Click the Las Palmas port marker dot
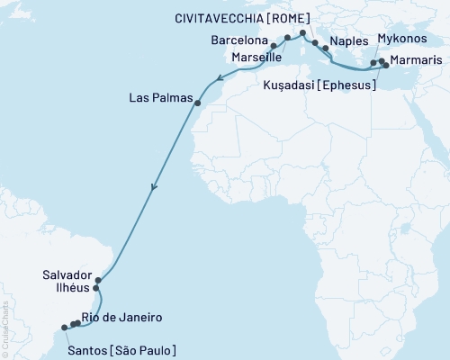click(x=197, y=103)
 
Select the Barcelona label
click(x=238, y=40)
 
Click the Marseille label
click(x=256, y=57)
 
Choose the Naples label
click(x=347, y=41)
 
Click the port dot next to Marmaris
click(x=386, y=65)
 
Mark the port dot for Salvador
click(x=98, y=281)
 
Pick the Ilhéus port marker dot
click(x=95, y=289)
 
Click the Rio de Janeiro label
click(x=121, y=318)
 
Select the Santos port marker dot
click(x=63, y=328)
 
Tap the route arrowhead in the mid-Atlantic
click(x=154, y=189)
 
